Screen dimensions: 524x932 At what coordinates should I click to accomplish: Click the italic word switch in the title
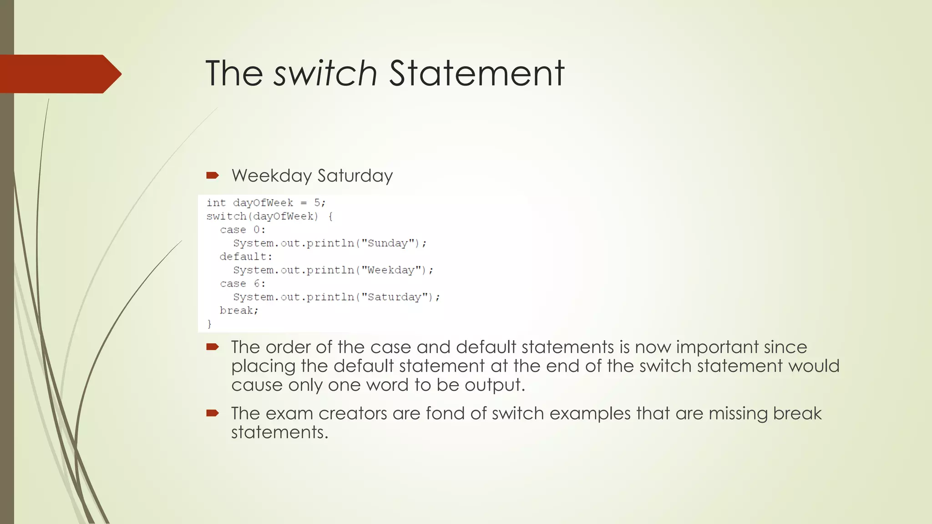tap(325, 73)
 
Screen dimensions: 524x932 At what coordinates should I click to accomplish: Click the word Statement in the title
tap(476, 73)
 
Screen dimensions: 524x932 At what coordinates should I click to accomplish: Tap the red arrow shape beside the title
tap(59, 74)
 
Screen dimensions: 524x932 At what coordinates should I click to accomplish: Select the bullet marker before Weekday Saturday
tap(213, 176)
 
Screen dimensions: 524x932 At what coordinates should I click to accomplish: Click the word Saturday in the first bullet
tap(355, 176)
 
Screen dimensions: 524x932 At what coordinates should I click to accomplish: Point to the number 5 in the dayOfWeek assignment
tap(317, 202)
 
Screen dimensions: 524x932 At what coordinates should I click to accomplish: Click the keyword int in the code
tap(216, 202)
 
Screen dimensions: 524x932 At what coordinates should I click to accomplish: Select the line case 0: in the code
tap(242, 230)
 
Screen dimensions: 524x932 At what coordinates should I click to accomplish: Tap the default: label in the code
tap(246, 257)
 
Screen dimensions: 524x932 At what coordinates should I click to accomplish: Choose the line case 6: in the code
tap(242, 283)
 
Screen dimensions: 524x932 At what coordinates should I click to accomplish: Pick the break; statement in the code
tap(239, 310)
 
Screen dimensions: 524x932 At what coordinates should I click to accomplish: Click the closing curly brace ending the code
tap(209, 324)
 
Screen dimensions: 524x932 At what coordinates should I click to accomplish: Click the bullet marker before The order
tap(213, 347)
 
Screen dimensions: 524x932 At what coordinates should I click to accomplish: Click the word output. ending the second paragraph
tap(495, 385)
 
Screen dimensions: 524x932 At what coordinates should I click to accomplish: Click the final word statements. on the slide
tap(279, 432)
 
